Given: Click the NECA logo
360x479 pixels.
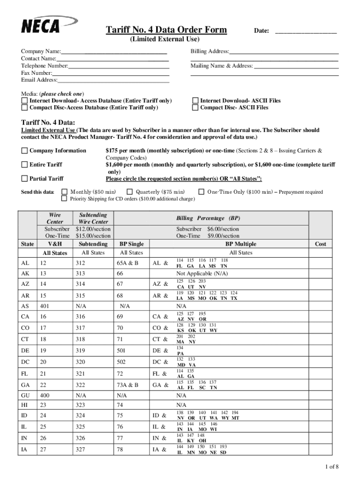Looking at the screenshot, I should [x=42, y=25].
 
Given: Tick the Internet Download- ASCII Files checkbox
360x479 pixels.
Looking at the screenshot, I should [x=195, y=101].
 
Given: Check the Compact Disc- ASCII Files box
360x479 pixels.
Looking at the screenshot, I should [x=195, y=108].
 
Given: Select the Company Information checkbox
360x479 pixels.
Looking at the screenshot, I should [x=24, y=151].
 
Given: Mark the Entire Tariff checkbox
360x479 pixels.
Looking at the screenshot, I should [x=24, y=165].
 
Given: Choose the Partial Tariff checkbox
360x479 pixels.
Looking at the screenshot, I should [x=24, y=179].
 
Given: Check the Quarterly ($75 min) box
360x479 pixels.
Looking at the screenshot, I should [x=130, y=192].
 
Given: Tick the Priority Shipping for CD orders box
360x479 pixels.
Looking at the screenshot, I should [x=65, y=199].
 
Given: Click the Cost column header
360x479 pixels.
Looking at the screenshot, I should [x=320, y=244].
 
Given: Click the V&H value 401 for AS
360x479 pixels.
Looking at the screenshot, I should [x=45, y=306].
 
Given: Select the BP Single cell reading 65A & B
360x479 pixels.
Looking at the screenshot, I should [x=128, y=263].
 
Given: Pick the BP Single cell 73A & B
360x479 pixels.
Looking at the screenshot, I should [x=128, y=385].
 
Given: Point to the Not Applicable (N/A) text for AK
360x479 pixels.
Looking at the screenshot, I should [x=202, y=273].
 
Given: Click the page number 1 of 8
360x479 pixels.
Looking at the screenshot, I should [x=331, y=466].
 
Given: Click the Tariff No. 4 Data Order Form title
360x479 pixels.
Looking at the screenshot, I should [x=167, y=30].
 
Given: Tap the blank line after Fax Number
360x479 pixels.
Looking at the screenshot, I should [x=111, y=73].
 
